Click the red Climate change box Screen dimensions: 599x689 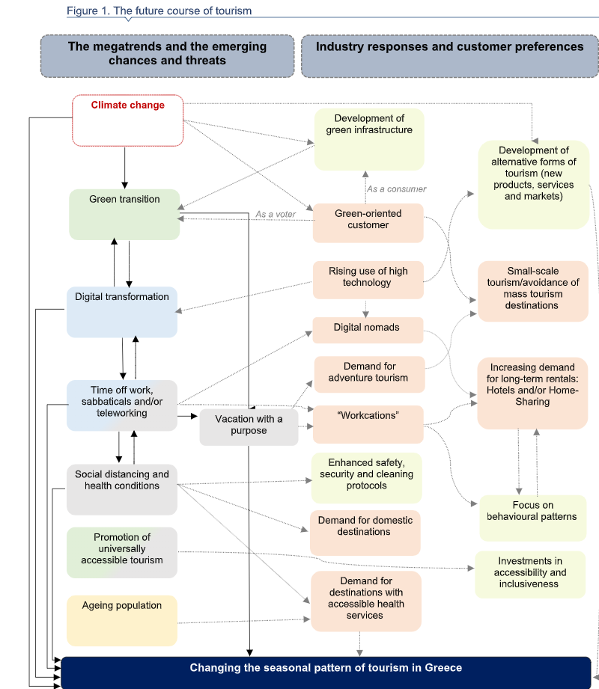coord(127,120)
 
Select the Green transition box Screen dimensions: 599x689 coord(124,215)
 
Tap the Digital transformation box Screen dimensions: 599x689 coord(122,312)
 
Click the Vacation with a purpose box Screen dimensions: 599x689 coord(249,427)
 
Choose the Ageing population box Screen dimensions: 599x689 coord(122,620)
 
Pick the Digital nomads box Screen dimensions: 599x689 coord(368,330)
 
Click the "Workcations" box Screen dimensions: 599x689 coord(368,424)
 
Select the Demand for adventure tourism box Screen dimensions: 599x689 coord(369,374)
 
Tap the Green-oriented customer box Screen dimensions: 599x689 coord(368,223)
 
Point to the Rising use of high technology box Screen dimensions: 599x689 coord(368,280)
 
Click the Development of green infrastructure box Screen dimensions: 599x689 coord(369,139)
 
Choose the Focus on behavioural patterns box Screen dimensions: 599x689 coord(532,518)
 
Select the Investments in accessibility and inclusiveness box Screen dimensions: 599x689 coord(530,575)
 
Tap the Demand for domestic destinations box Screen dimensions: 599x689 coord(365,533)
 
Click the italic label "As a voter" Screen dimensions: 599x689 coord(276,215)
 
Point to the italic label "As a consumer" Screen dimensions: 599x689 coord(397,189)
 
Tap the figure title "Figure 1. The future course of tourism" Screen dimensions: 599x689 coord(159,11)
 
